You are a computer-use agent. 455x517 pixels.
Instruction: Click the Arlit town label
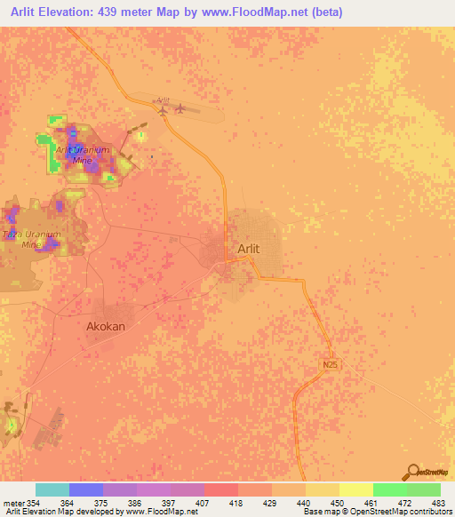tap(249, 249)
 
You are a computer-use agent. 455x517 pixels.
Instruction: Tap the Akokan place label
tap(106, 326)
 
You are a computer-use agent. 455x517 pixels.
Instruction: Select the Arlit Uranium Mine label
tap(82, 155)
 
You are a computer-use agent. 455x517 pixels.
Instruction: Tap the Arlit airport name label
tap(162, 101)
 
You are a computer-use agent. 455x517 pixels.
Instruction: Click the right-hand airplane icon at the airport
tap(181, 109)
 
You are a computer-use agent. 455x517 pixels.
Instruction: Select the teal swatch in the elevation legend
tap(52, 489)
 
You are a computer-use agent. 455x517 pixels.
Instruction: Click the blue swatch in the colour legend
tap(86, 489)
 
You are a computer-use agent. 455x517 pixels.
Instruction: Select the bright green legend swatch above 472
tap(390, 489)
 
